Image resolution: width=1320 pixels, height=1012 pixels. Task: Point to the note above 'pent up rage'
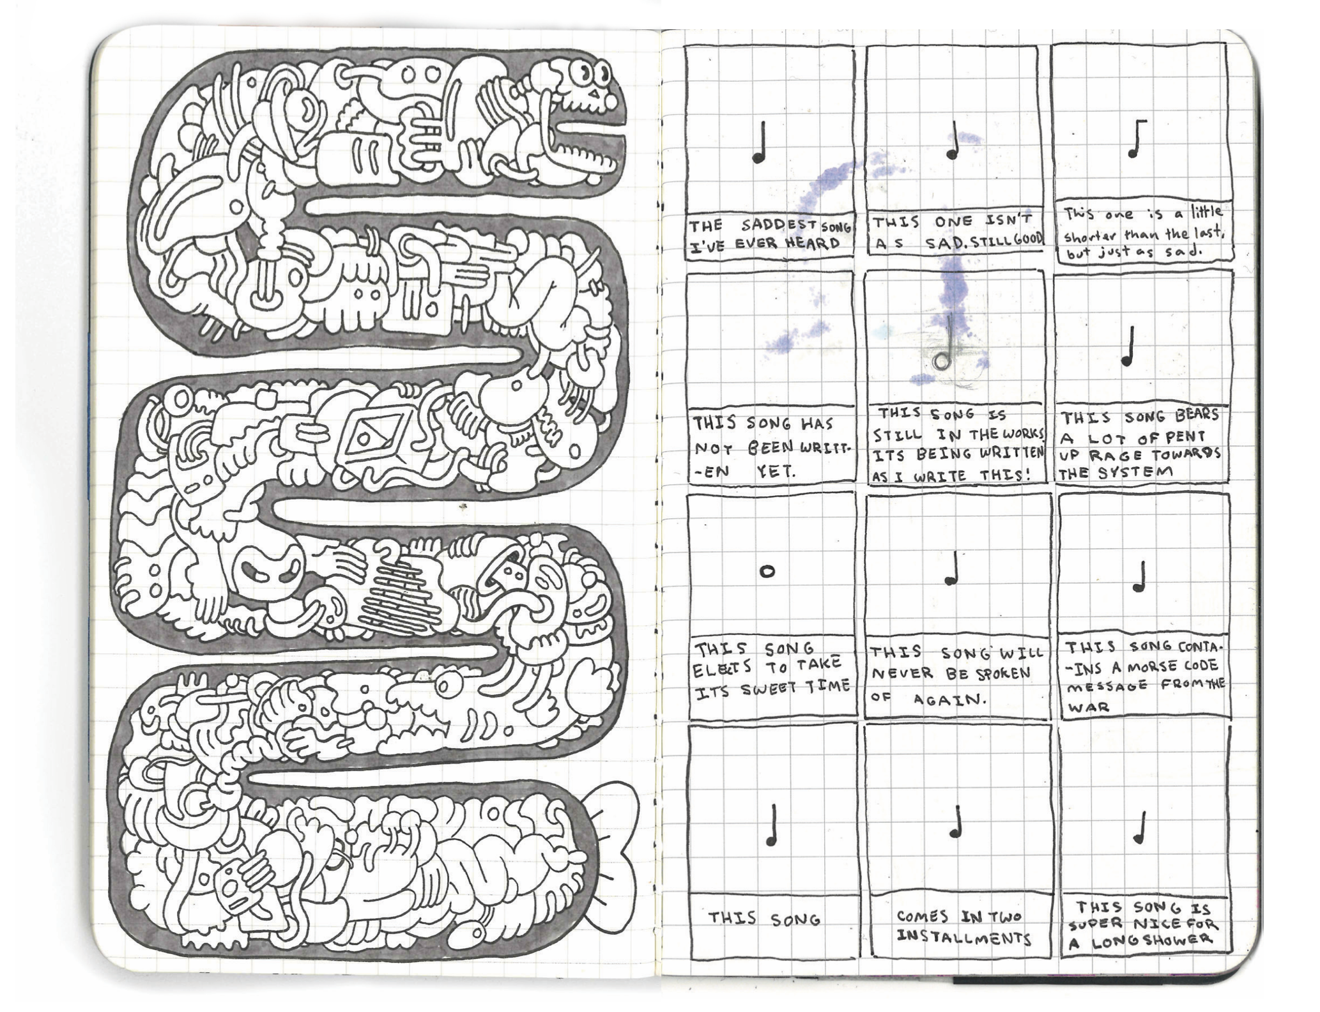1128,346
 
